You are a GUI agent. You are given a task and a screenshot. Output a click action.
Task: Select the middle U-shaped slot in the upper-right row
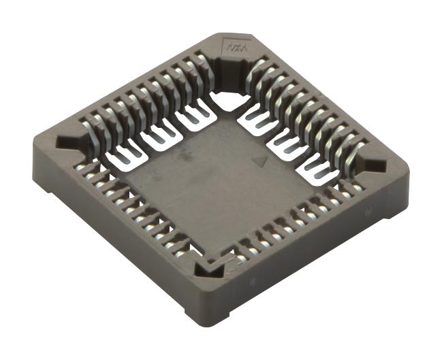point(287,140)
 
